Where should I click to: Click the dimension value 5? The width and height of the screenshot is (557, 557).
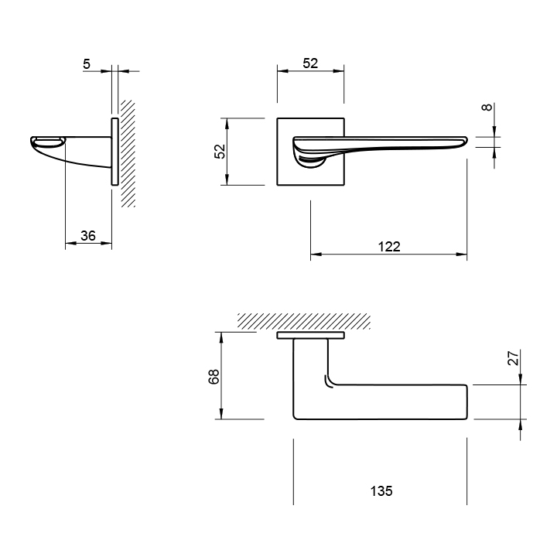coord(87,64)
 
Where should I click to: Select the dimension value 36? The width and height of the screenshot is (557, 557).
coord(88,235)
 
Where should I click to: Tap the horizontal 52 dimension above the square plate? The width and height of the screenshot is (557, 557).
coord(310,63)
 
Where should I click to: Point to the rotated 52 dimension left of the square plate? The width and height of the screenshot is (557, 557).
coord(220,152)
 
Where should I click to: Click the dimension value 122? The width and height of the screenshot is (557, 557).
coord(389,247)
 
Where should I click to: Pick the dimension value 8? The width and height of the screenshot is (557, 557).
coord(487,107)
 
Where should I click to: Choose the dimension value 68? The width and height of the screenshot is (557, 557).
coord(214,377)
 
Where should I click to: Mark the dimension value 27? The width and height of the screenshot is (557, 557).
coord(514,357)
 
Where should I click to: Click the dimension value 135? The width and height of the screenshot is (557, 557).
coord(381,491)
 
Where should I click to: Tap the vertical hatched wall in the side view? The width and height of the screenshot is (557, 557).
coord(128,153)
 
